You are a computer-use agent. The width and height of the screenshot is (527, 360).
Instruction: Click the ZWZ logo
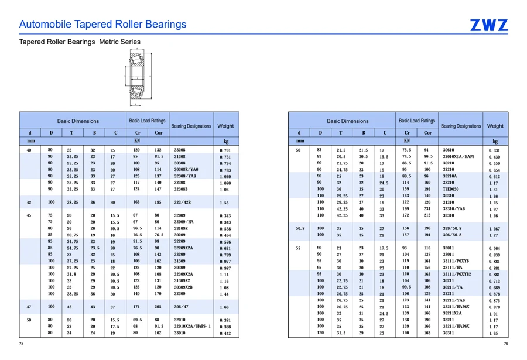[489, 25]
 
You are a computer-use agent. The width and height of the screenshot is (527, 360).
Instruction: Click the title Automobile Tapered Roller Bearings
[102, 24]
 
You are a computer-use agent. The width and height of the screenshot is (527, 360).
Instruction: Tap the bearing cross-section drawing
[138, 77]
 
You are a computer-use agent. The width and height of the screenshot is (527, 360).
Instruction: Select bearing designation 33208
[180, 150]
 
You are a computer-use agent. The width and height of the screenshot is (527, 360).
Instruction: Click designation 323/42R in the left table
[183, 203]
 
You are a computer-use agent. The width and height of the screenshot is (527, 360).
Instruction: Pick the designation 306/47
[181, 307]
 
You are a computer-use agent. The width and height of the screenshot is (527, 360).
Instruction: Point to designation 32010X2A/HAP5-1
[193, 327]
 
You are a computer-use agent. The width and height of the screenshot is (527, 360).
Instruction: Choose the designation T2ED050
[451, 189]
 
